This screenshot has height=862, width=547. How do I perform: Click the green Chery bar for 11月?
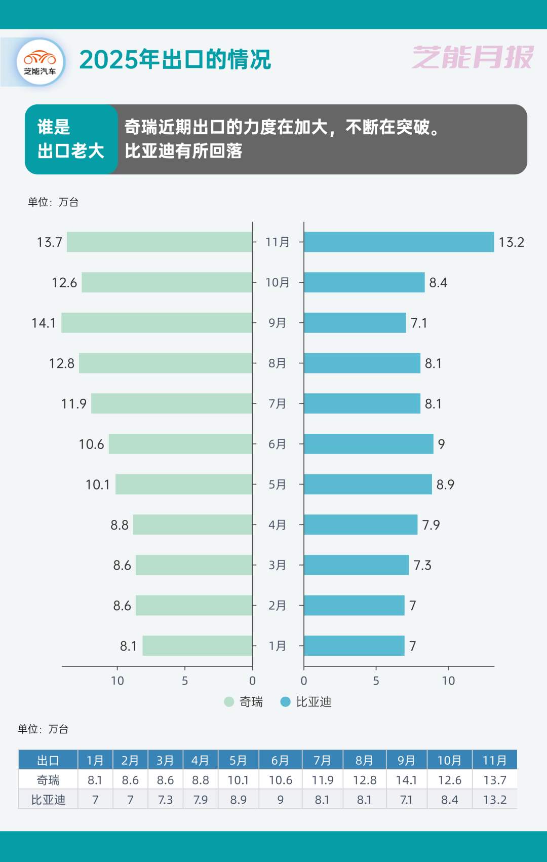(x=160, y=242)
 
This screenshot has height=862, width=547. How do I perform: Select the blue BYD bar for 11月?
(x=399, y=242)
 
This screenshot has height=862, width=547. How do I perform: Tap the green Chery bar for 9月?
(x=157, y=323)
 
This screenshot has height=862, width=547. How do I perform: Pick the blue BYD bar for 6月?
(x=368, y=444)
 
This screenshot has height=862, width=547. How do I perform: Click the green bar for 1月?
(x=198, y=646)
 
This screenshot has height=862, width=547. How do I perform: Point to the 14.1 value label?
(x=44, y=323)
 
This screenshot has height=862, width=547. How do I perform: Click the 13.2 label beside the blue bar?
(x=511, y=242)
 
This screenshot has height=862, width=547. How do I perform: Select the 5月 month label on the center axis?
(x=277, y=484)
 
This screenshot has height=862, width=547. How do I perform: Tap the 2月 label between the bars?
(x=277, y=606)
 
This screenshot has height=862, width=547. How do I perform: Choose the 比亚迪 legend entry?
(x=306, y=702)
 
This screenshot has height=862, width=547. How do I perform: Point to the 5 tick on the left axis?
(x=185, y=681)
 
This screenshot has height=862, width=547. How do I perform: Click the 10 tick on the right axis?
(x=448, y=681)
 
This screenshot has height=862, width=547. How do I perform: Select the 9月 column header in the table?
(x=406, y=760)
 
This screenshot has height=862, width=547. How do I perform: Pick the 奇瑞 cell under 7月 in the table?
(x=323, y=780)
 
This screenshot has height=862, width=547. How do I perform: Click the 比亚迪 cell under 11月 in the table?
(x=495, y=800)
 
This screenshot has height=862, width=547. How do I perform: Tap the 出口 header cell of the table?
(x=48, y=760)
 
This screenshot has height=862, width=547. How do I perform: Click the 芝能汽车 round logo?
(x=41, y=62)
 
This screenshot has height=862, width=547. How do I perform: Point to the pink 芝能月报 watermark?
(x=473, y=57)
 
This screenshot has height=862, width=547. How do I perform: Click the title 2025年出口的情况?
(x=175, y=60)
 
